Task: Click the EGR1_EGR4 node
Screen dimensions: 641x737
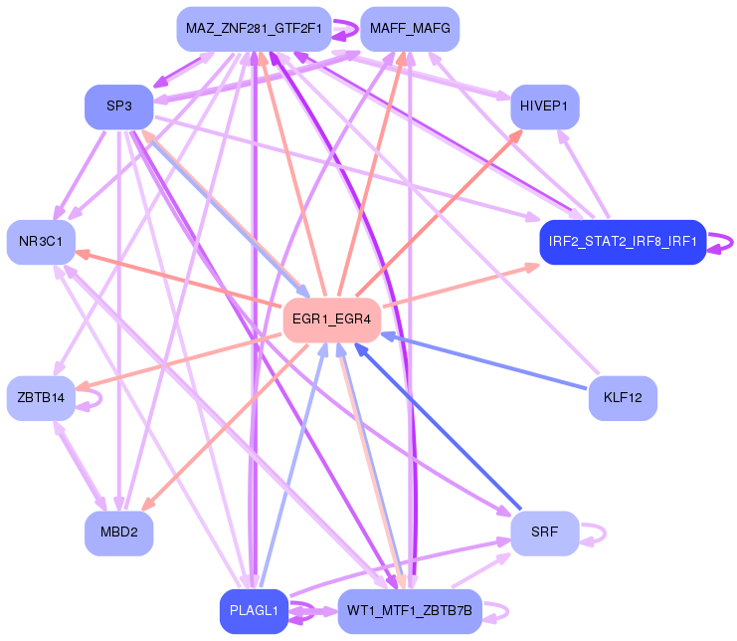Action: pyautogui.click(x=332, y=320)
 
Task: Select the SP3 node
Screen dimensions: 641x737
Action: pyautogui.click(x=118, y=107)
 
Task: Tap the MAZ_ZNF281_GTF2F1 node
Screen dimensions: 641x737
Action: pyautogui.click(x=253, y=29)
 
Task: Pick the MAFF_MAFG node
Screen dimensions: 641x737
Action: pyautogui.click(x=409, y=29)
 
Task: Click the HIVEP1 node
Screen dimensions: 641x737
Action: pyautogui.click(x=544, y=107)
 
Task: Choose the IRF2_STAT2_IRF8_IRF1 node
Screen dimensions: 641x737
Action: pyautogui.click(x=622, y=242)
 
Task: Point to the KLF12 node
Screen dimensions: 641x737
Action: pyautogui.click(x=623, y=398)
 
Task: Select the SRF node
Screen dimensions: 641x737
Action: pyautogui.click(x=544, y=533)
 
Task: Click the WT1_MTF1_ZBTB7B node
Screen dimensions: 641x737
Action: pyautogui.click(x=409, y=610)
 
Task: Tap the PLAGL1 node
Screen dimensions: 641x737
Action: pyautogui.click(x=253, y=610)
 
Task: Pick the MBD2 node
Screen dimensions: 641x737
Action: pyautogui.click(x=118, y=533)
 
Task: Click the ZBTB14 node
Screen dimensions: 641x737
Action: pyautogui.click(x=41, y=398)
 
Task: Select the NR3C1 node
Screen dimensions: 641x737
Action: pyautogui.click(x=41, y=242)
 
